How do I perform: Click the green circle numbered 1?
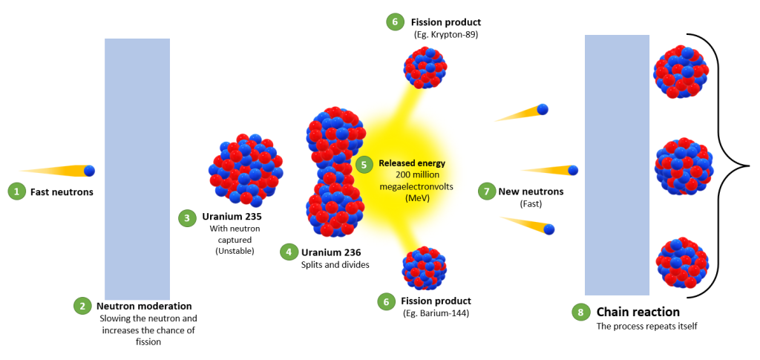click(17, 192)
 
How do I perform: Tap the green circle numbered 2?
click(82, 307)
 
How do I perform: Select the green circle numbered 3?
click(187, 218)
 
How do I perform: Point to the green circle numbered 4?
click(289, 252)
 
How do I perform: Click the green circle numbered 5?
click(364, 164)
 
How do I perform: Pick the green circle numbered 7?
click(485, 191)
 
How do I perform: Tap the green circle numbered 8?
click(580, 312)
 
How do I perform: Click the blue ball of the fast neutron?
click(90, 171)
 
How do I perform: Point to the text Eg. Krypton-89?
click(446, 34)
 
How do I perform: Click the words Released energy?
click(411, 163)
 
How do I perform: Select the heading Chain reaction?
click(638, 312)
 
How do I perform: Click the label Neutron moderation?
click(145, 307)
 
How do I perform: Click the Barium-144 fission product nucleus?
click(424, 269)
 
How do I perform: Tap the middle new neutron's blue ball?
click(573, 170)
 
